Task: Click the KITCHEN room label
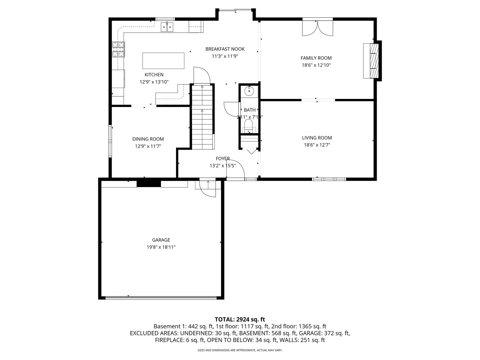click(154, 75)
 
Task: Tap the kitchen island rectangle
click(163, 61)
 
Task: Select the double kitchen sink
click(167, 27)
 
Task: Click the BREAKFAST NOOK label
click(225, 49)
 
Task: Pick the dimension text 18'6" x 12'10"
click(316, 65)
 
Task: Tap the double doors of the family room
click(317, 28)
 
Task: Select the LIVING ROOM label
click(317, 138)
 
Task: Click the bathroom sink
click(249, 90)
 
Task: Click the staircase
click(202, 117)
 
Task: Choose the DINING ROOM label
click(148, 139)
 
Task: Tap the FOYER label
click(223, 159)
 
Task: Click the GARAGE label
click(161, 240)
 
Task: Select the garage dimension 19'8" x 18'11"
click(161, 247)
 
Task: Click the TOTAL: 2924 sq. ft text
click(240, 319)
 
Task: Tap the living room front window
click(329, 179)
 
